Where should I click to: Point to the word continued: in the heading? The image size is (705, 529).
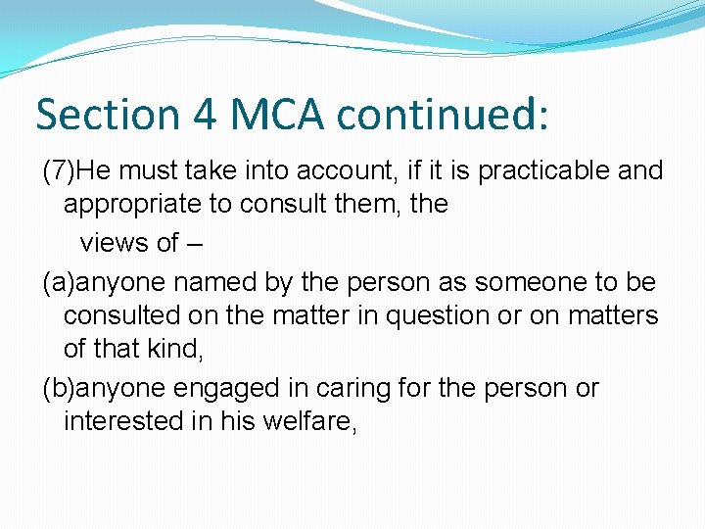pos(444,114)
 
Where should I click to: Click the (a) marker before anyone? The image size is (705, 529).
pos(59,282)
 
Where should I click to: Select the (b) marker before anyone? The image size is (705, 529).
pos(59,388)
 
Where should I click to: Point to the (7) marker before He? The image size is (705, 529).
pos(59,170)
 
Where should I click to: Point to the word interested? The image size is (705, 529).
pos(119,422)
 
